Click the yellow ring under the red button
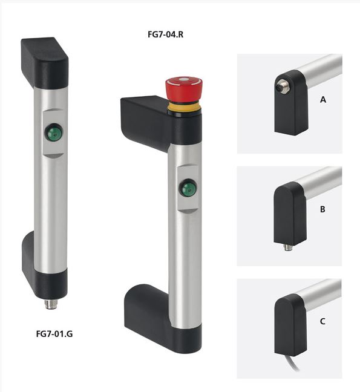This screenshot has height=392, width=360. coord(185,106)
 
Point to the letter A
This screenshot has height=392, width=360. coord(322,100)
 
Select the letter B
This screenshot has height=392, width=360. coord(322,209)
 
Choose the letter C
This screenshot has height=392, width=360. coord(322,321)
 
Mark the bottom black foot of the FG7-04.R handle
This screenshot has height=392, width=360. coord(151,315)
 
